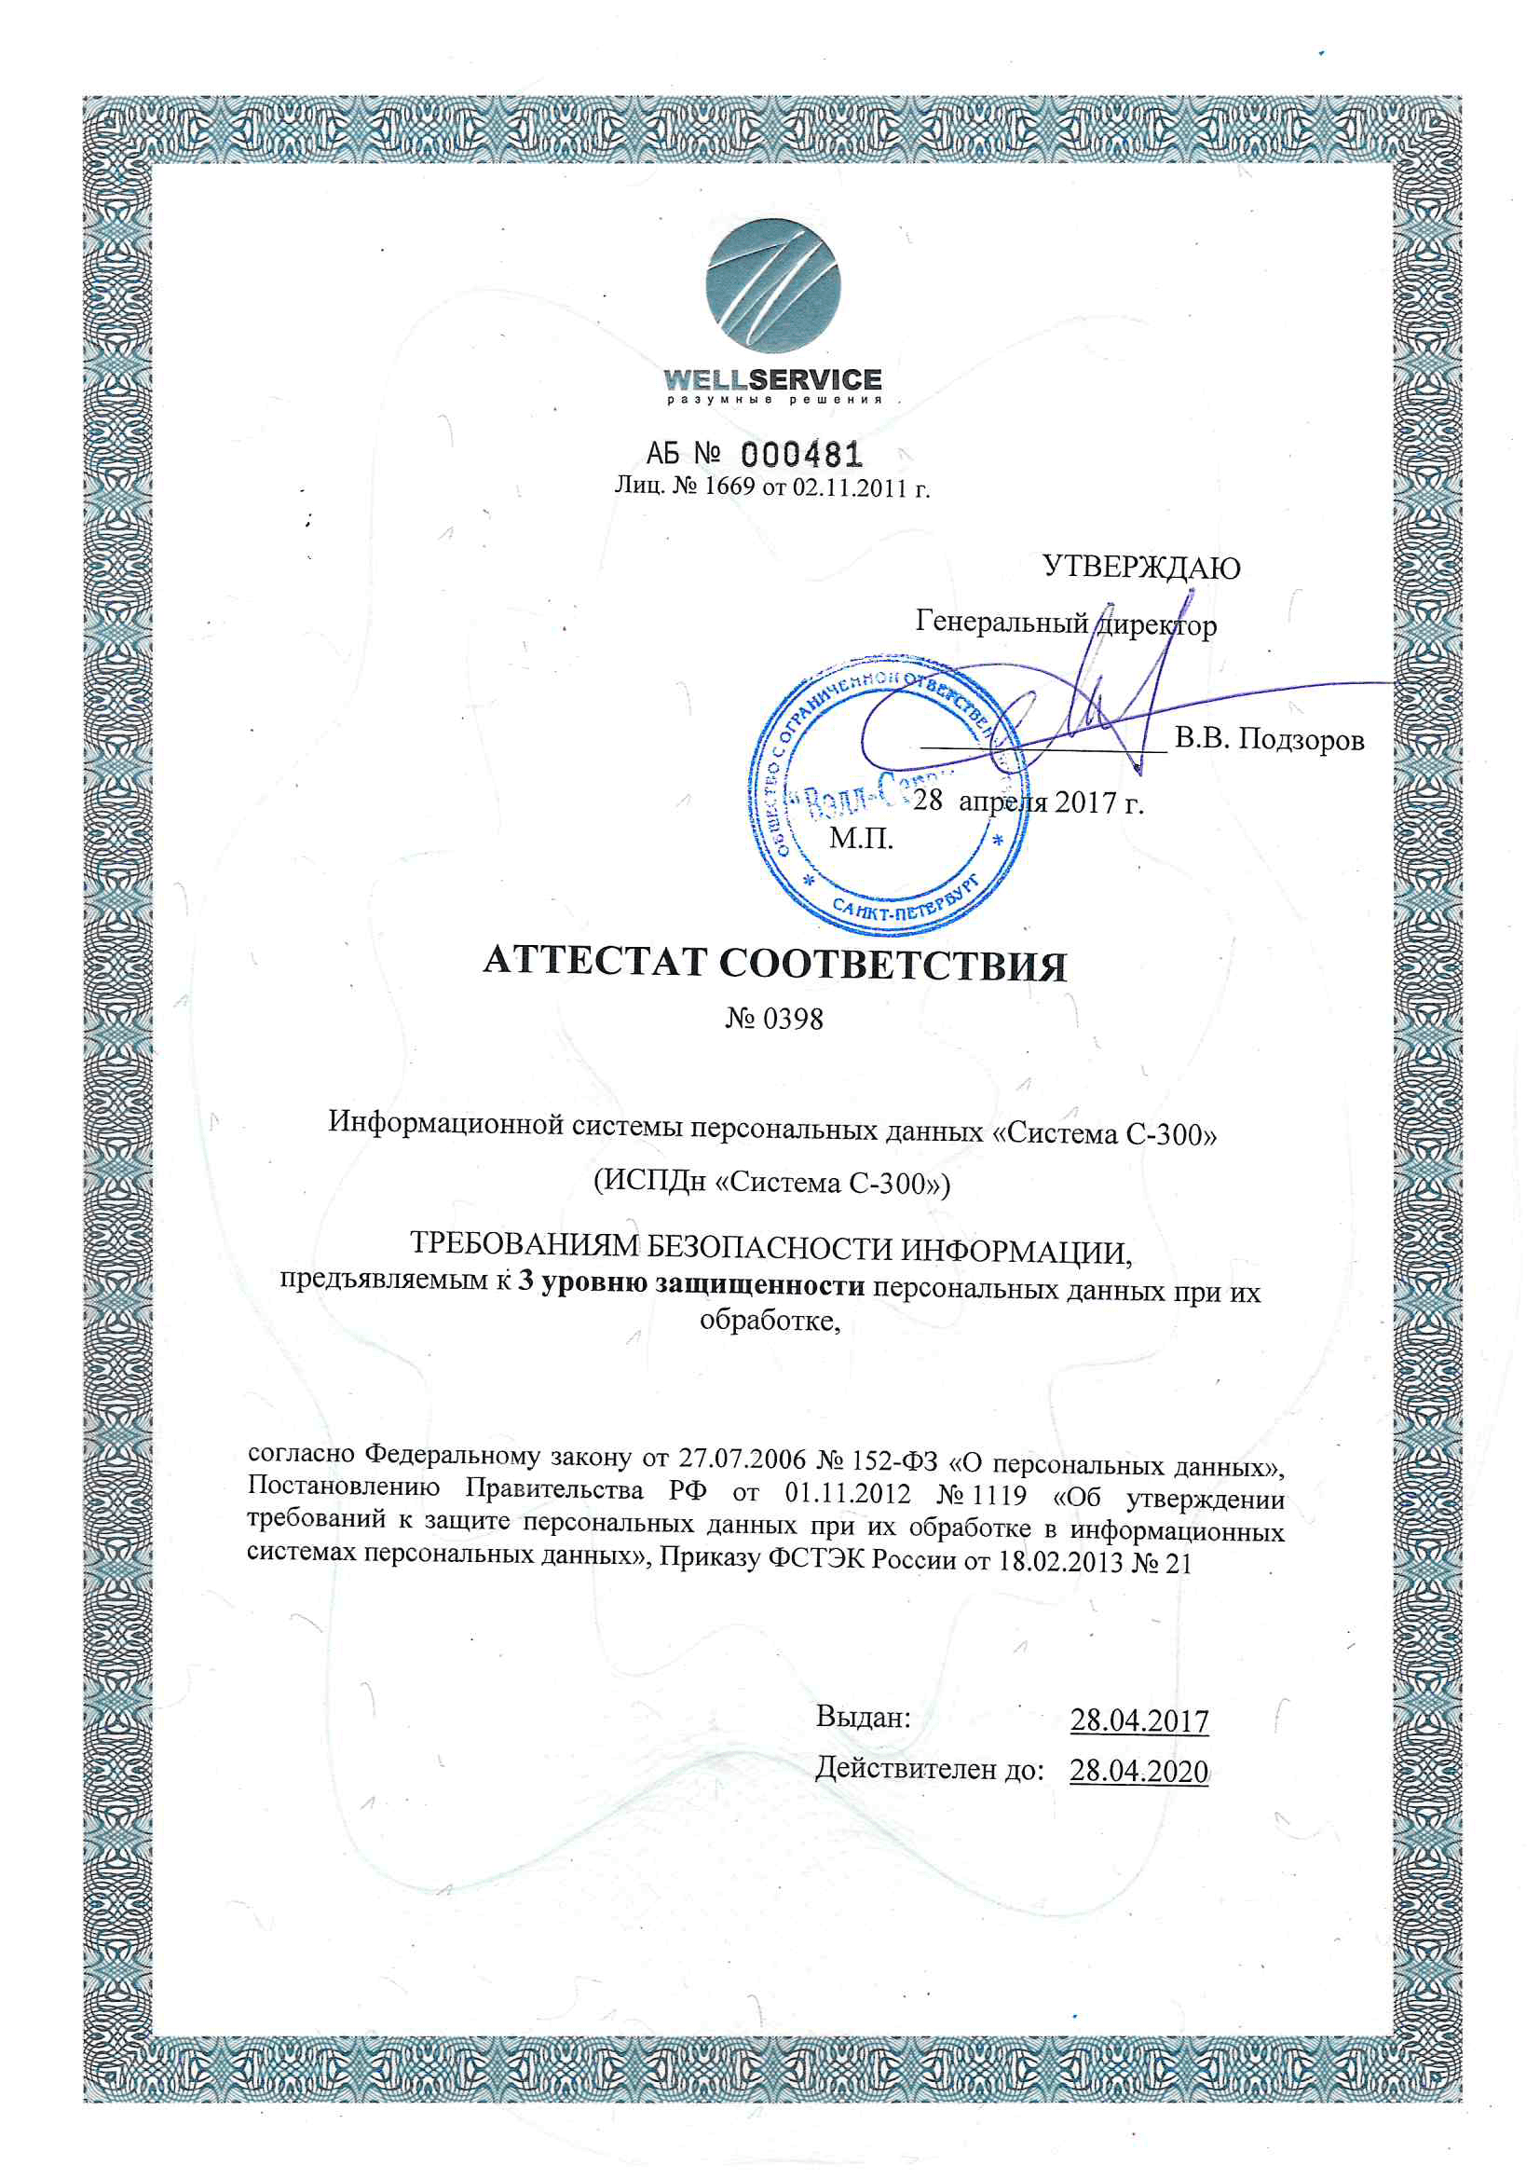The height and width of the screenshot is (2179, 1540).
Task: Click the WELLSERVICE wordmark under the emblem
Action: (x=772, y=379)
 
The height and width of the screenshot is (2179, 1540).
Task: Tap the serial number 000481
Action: (x=801, y=455)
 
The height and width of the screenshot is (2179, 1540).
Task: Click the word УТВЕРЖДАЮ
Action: (x=1140, y=568)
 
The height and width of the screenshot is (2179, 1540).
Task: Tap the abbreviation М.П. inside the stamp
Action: (x=861, y=838)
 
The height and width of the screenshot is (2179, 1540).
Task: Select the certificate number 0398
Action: (x=792, y=1020)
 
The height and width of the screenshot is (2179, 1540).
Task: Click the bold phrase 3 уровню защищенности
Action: (x=690, y=1284)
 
